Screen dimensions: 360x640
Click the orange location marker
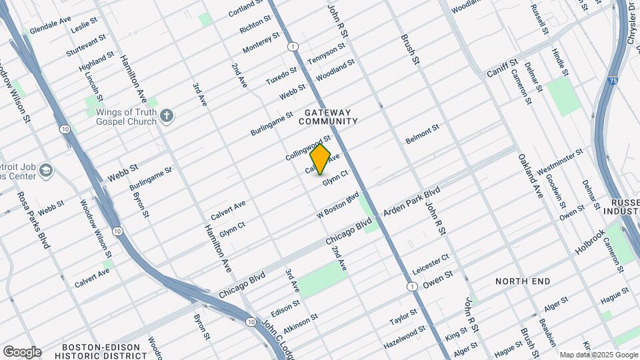coord(320,159)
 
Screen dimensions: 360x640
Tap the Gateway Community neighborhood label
coord(328,117)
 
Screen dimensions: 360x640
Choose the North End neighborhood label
coord(523,281)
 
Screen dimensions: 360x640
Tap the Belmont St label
coord(423,133)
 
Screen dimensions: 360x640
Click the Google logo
coord(22,351)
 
